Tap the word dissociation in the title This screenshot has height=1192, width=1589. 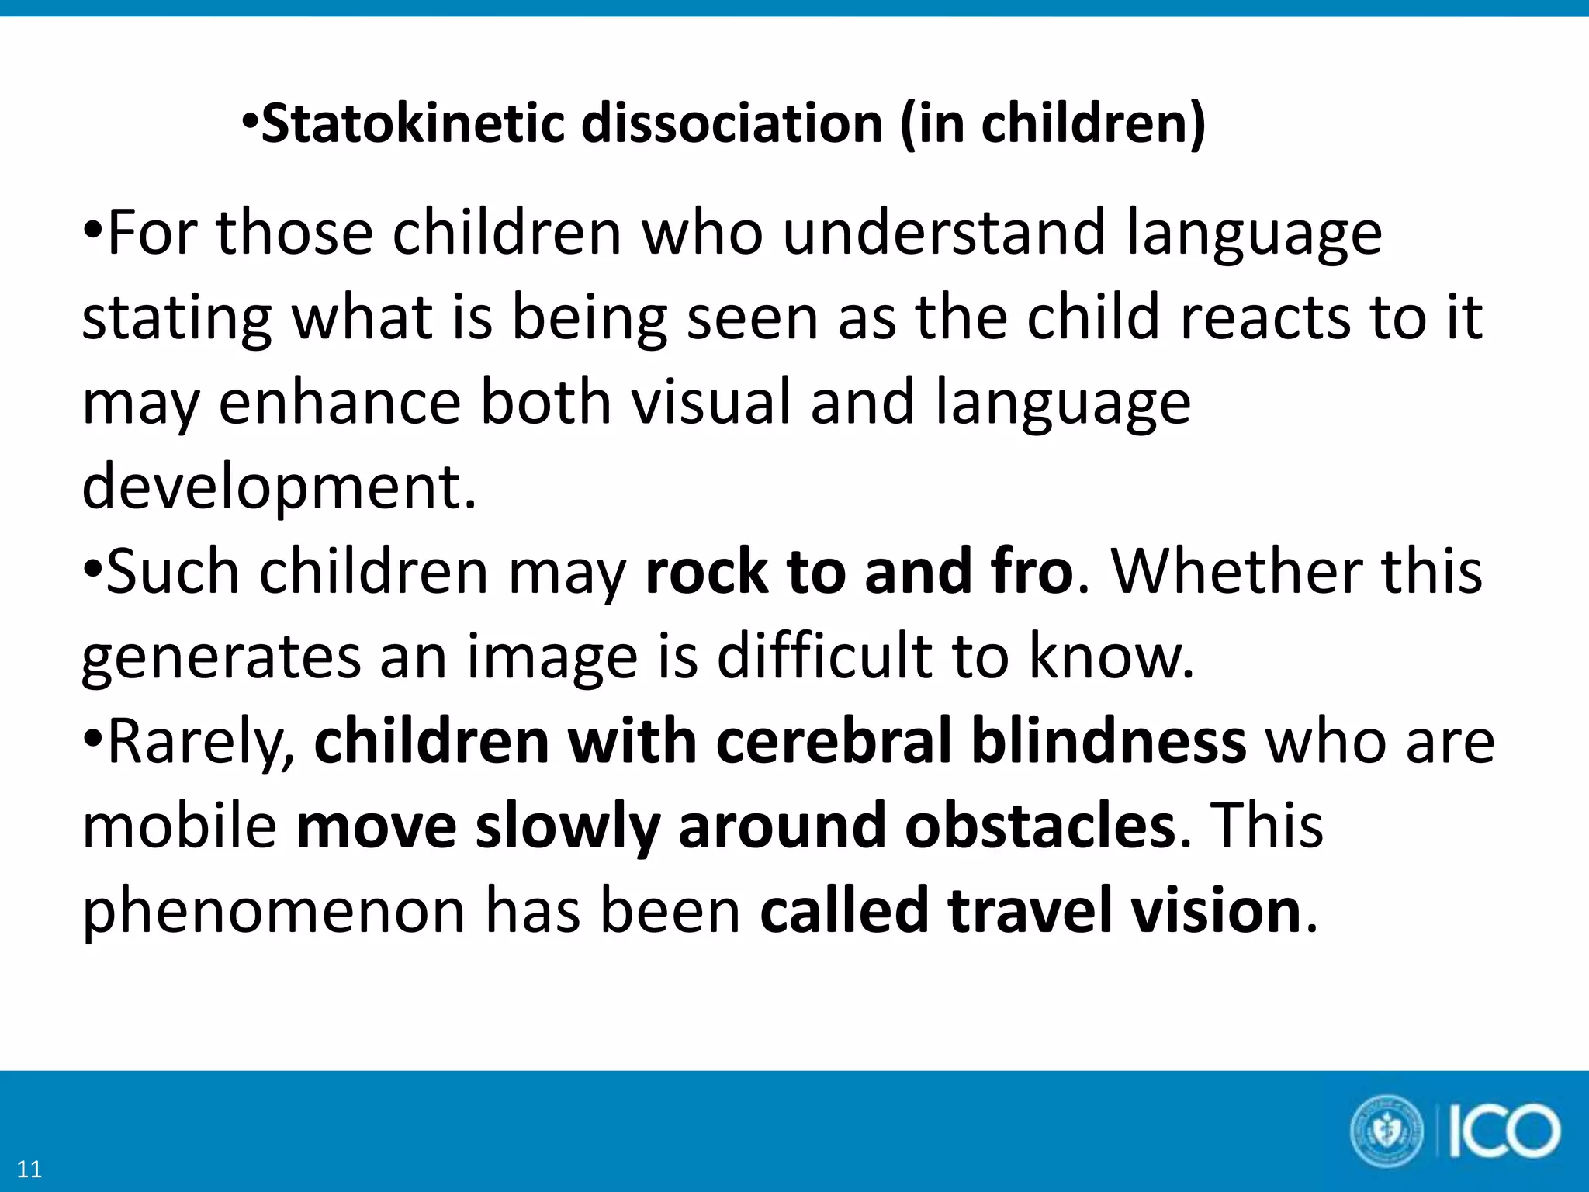click(732, 124)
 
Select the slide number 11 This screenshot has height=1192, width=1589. click(29, 1169)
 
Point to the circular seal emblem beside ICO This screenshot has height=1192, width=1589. click(1387, 1131)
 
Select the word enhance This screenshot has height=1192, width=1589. click(340, 402)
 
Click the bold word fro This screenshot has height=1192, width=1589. click(1031, 572)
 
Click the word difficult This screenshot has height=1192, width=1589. click(824, 657)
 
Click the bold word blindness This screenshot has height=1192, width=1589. click(1109, 741)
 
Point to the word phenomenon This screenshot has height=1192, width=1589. click(274, 912)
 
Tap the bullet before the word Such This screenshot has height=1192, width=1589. click(92, 572)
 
